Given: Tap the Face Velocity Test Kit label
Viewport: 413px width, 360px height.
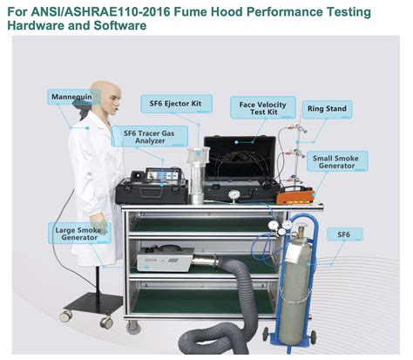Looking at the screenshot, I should click(261, 108).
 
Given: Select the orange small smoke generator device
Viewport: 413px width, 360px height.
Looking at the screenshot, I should click(294, 195).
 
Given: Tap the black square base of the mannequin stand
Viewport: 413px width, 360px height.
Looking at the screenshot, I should click(89, 305).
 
